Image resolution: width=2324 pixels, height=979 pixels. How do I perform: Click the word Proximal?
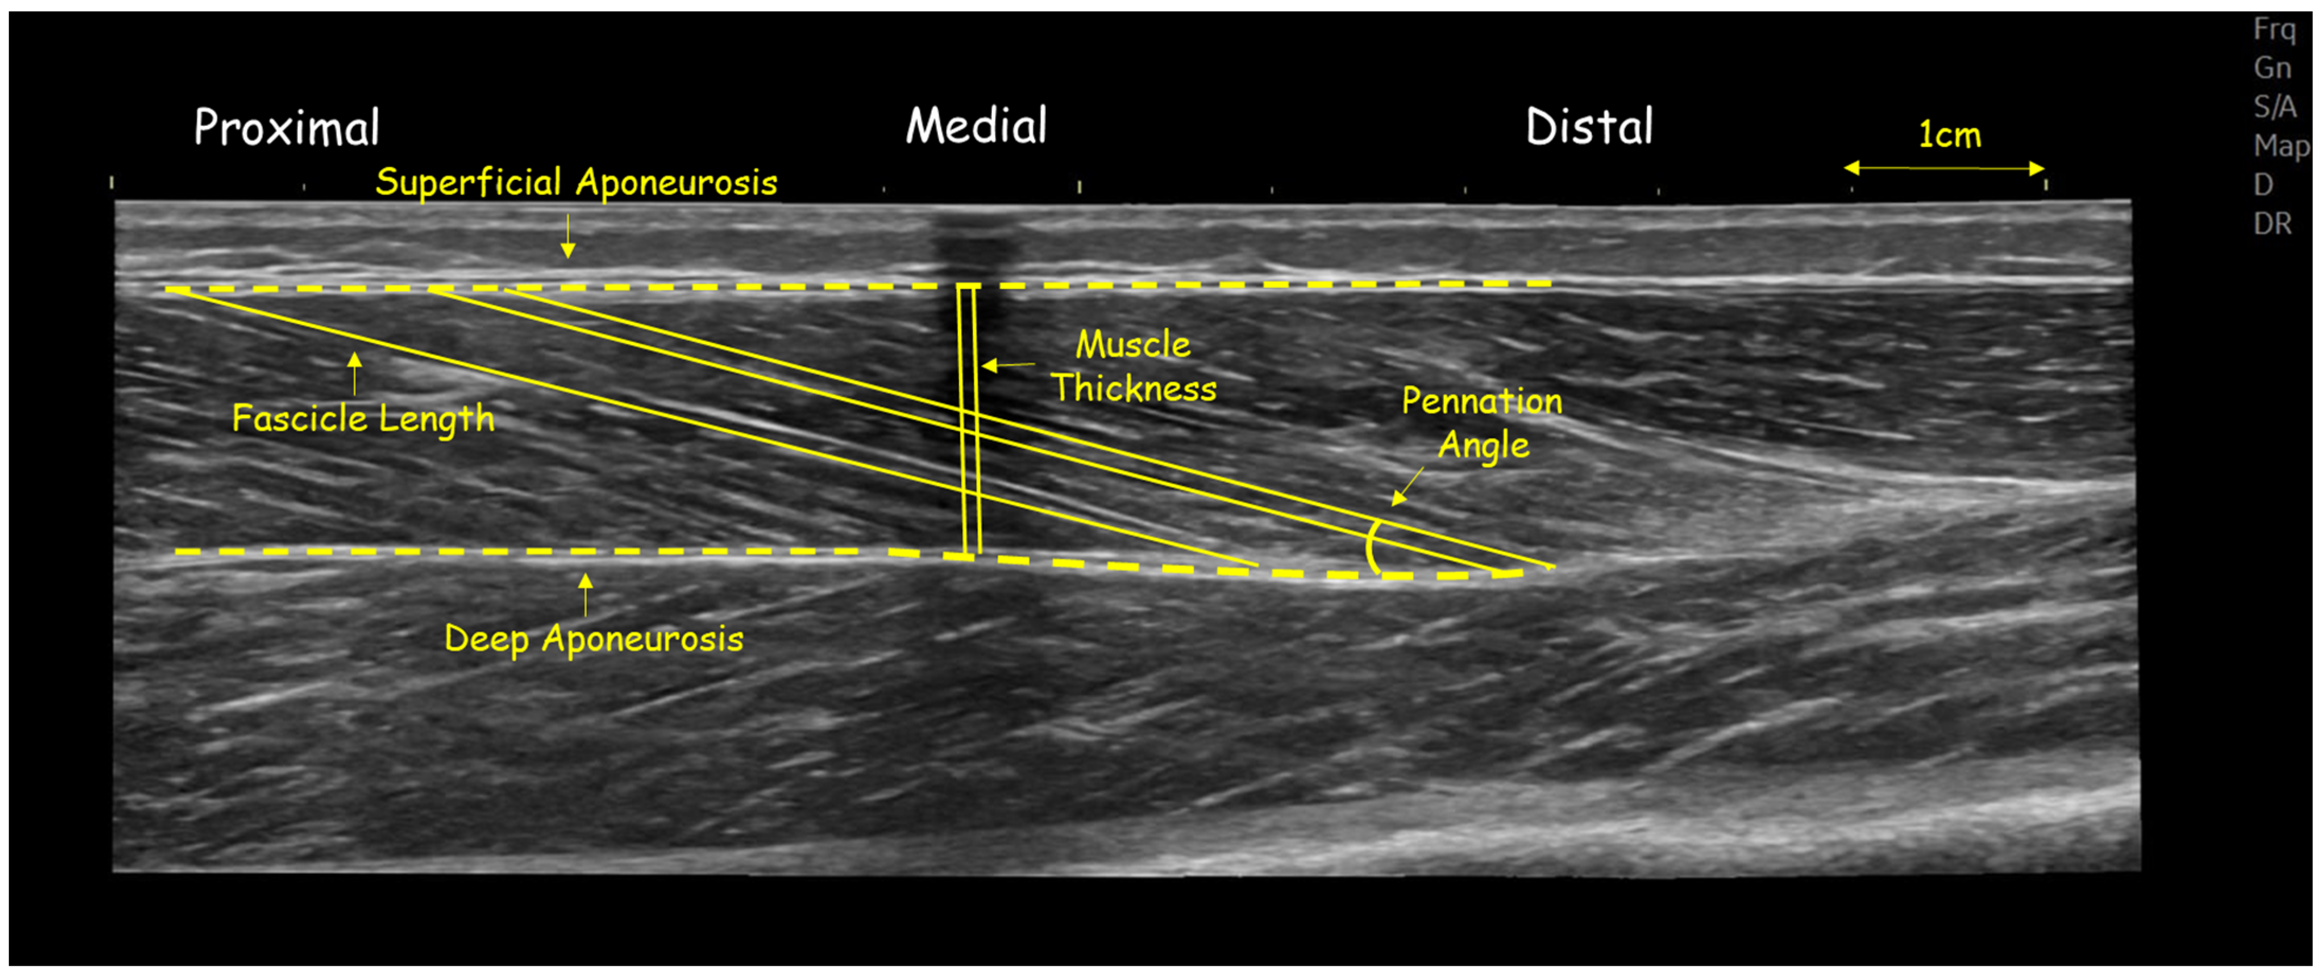tap(287, 128)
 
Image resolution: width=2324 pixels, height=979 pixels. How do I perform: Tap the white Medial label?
tap(976, 126)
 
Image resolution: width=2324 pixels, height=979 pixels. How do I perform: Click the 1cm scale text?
tap(1949, 135)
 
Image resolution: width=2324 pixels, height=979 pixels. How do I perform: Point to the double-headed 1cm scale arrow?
tap(1944, 168)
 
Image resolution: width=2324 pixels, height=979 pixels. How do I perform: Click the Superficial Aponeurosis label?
tap(576, 183)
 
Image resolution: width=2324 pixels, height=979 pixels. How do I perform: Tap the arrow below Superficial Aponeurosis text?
tap(568, 237)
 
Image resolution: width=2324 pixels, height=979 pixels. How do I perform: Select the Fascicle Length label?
tap(363, 419)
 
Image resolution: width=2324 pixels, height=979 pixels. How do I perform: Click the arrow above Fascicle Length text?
tap(354, 373)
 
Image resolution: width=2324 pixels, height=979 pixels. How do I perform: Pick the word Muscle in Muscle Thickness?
tap(1133, 345)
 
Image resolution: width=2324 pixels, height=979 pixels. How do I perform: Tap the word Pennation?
tap(1481, 402)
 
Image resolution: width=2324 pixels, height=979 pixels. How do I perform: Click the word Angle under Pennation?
tap(1483, 446)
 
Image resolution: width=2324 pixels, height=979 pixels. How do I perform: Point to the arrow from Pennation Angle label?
tap(1407, 487)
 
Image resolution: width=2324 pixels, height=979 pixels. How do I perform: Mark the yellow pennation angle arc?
tap(1371, 547)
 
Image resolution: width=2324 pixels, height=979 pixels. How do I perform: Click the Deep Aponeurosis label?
tap(594, 640)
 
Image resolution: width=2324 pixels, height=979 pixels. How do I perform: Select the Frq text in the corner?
tap(2274, 30)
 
